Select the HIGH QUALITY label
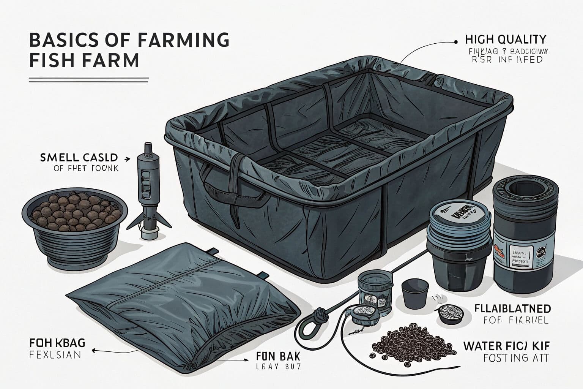click(x=505, y=39)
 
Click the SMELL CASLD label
click(x=79, y=157)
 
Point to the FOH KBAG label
click(x=57, y=343)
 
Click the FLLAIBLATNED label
click(x=512, y=308)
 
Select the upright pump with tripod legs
click(x=147, y=190)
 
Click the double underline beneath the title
click(x=88, y=80)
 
